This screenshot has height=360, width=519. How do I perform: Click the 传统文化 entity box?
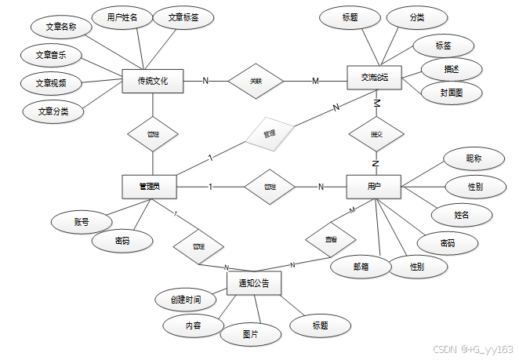click(x=153, y=82)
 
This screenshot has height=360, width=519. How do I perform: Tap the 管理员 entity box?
click(x=149, y=187)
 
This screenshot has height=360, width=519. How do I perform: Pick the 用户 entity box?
click(x=374, y=187)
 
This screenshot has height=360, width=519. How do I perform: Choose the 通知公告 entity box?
click(x=253, y=283)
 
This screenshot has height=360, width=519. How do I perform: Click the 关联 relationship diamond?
click(x=256, y=81)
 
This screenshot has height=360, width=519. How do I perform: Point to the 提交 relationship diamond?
click(x=376, y=134)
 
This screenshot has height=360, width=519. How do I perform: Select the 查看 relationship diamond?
click(x=329, y=238)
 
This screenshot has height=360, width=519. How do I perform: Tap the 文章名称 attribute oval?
click(x=61, y=27)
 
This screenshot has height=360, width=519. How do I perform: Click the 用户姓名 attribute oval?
click(x=116, y=16)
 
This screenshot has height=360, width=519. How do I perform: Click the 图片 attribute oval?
click(x=250, y=335)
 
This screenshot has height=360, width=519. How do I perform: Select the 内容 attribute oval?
click(x=193, y=325)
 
